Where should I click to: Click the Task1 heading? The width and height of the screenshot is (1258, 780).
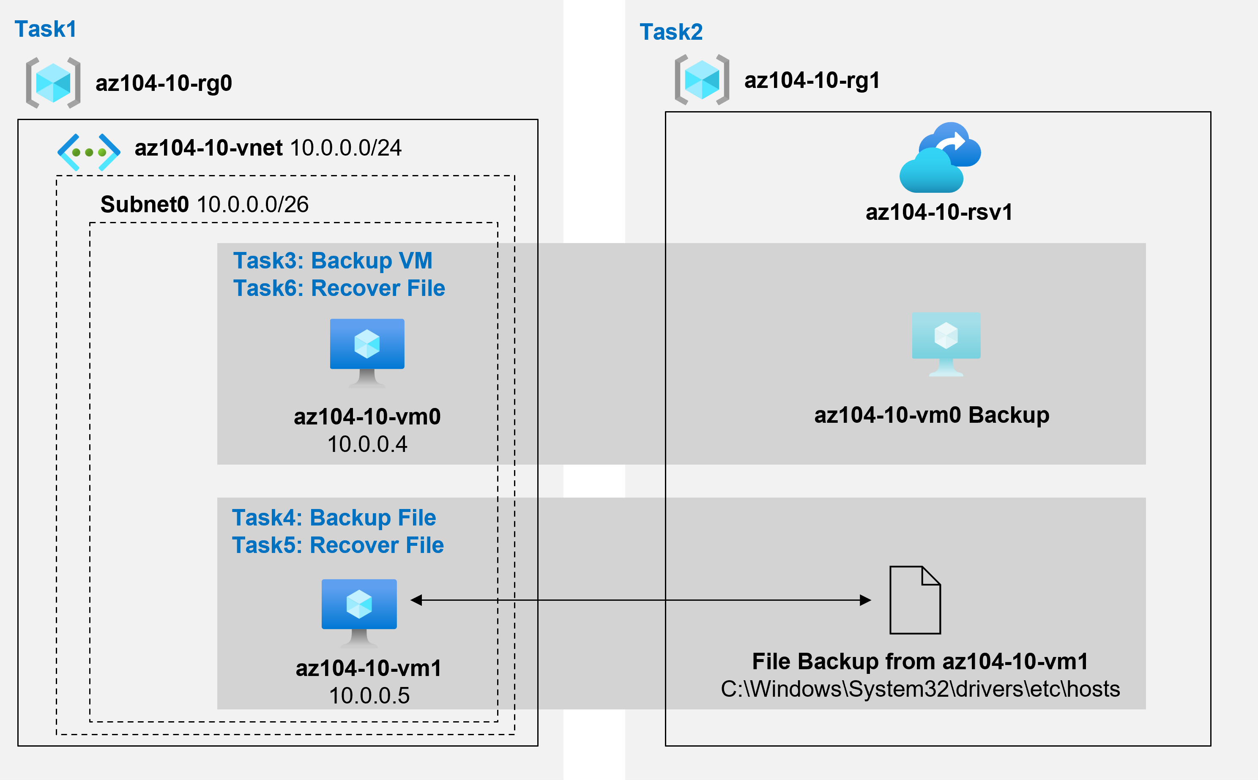pyautogui.click(x=45, y=29)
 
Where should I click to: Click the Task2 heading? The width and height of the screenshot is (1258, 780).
pyautogui.click(x=670, y=32)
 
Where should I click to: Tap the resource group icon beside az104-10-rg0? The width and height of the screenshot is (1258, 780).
pyautogui.click(x=53, y=82)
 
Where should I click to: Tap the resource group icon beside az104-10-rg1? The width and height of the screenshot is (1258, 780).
pyautogui.click(x=701, y=80)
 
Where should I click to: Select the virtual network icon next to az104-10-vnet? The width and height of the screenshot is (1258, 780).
pyautogui.click(x=89, y=152)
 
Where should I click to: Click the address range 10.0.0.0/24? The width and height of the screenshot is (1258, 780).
pyautogui.click(x=346, y=148)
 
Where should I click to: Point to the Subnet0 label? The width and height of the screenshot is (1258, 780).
pyautogui.click(x=145, y=204)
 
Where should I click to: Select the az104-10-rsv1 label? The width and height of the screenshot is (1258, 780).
pyautogui.click(x=939, y=212)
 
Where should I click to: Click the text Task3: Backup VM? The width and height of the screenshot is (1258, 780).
pyautogui.click(x=333, y=260)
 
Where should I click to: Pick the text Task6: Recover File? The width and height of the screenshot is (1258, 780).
pyautogui.click(x=339, y=288)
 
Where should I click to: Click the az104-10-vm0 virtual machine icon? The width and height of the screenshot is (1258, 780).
pyautogui.click(x=367, y=351)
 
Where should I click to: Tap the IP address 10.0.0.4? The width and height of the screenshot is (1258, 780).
pyautogui.click(x=367, y=444)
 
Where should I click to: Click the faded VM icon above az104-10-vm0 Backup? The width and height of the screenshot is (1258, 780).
pyautogui.click(x=946, y=343)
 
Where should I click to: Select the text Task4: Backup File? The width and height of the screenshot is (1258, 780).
pyautogui.click(x=334, y=517)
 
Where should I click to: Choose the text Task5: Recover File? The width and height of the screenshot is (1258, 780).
pyautogui.click(x=338, y=545)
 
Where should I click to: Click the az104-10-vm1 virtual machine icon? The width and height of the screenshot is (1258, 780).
pyautogui.click(x=359, y=611)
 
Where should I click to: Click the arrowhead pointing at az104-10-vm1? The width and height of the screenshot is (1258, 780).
pyautogui.click(x=417, y=600)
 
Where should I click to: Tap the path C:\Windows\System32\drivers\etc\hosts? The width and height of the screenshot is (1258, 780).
pyautogui.click(x=920, y=689)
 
